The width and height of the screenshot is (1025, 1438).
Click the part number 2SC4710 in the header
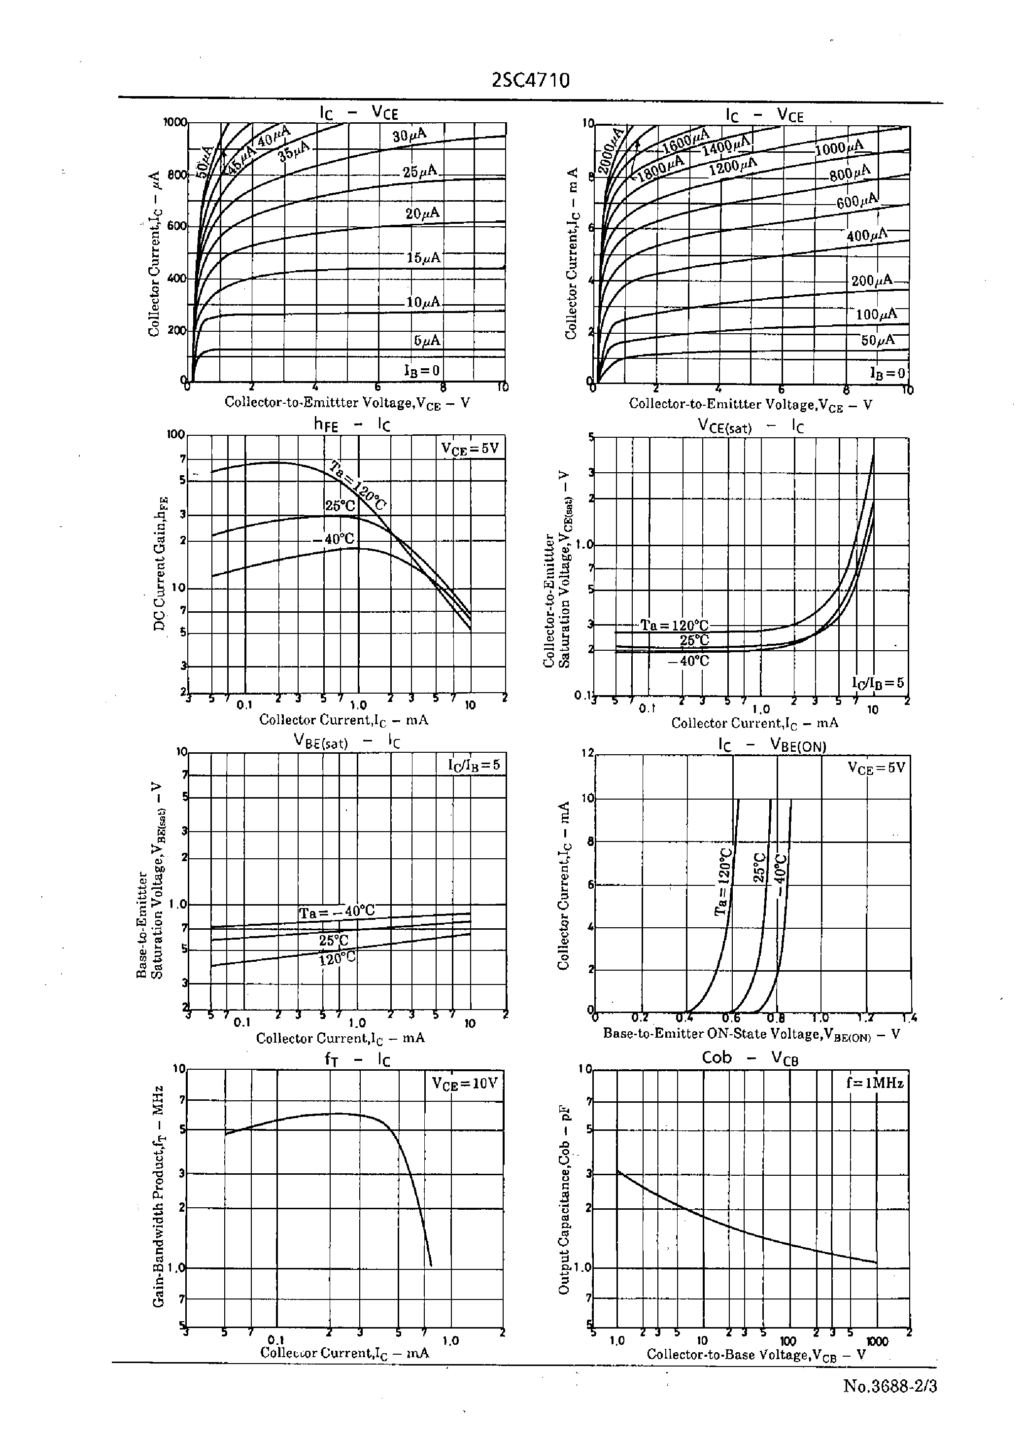tap(530, 81)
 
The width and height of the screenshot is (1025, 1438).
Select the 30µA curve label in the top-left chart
tap(410, 135)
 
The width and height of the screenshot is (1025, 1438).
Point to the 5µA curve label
tap(427, 341)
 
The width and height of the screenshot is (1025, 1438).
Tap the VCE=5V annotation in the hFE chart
tap(470, 449)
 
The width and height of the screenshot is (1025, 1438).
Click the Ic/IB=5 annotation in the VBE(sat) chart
tap(474, 765)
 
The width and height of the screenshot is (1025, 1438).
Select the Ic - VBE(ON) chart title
tap(772, 745)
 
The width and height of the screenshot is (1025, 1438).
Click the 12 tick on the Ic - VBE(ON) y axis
tap(587, 753)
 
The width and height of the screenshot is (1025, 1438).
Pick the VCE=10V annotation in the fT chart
tap(465, 1083)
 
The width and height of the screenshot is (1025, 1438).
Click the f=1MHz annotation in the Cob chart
tap(875, 1083)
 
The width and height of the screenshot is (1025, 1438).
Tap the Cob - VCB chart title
tap(750, 1058)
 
